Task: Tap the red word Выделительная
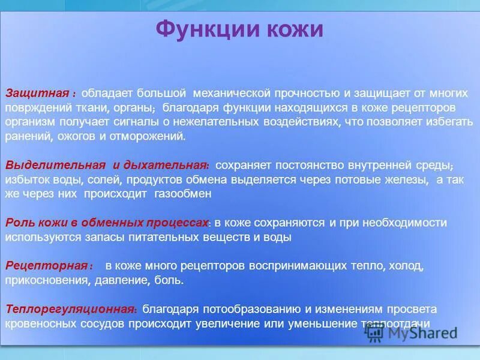(x=55, y=165)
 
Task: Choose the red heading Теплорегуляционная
(x=69, y=310)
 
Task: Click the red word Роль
(x=18, y=223)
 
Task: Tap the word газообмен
(x=183, y=194)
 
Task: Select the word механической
(x=231, y=94)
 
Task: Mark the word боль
(x=169, y=280)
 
